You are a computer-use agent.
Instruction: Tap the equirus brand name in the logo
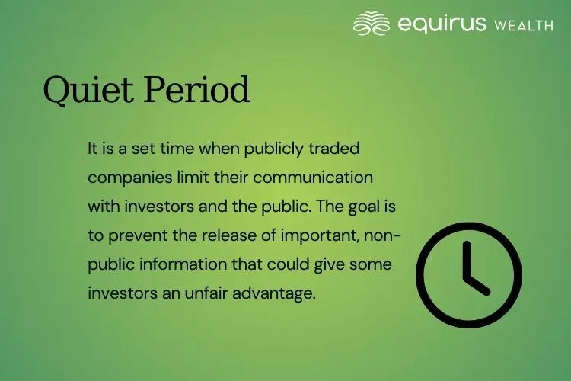pos(441,24)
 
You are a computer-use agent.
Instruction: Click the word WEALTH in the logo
pos(523,25)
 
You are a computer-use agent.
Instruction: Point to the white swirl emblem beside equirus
pos(372,24)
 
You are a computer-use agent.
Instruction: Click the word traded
pos(337,149)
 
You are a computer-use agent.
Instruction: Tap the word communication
pos(323,178)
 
